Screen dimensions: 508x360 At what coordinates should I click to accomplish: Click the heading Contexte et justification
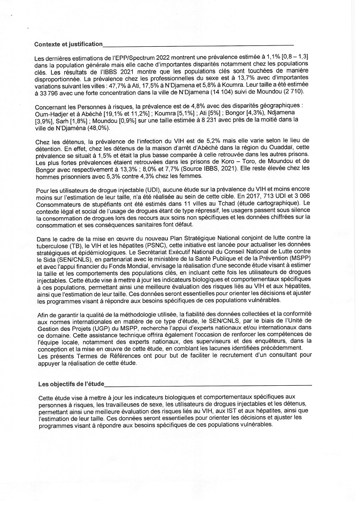(68, 44)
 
